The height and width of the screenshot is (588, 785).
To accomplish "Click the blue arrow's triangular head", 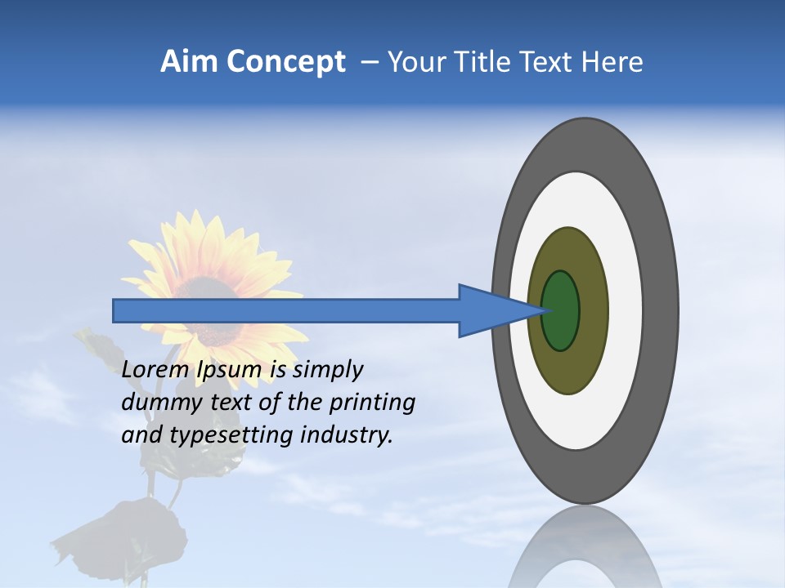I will [491, 311].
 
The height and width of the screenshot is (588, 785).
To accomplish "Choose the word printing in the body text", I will [372, 403].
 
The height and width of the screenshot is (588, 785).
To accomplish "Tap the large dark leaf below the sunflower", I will [135, 535].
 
